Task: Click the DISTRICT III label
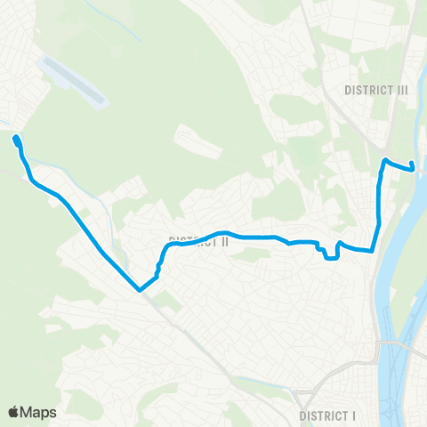click(375, 90)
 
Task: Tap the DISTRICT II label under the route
click(199, 241)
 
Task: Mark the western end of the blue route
click(16, 138)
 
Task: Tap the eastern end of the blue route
click(413, 166)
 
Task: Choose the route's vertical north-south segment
click(380, 196)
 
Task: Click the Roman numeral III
click(400, 90)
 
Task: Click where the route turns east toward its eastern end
click(385, 160)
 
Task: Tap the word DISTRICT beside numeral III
click(367, 90)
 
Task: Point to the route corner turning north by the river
click(372, 252)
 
